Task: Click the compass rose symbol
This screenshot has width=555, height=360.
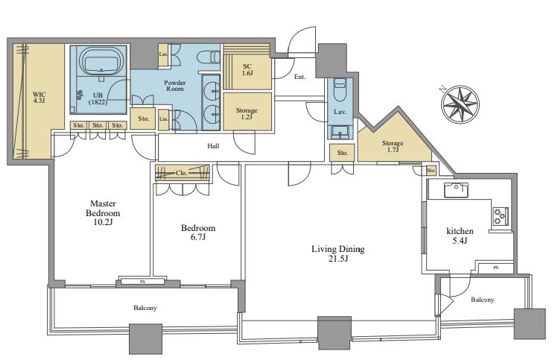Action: tap(460, 104)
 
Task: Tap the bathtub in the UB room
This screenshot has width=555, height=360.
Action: tap(101, 60)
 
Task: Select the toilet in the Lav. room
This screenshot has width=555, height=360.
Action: tap(340, 87)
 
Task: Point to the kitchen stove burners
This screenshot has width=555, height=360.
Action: tap(501, 216)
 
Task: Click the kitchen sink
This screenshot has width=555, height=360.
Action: tap(456, 190)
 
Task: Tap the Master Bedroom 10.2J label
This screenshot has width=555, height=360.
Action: tap(103, 212)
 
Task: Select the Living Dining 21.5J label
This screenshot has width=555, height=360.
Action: tap(338, 253)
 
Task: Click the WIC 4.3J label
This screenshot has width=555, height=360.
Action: tap(39, 98)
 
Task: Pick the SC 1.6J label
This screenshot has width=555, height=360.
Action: tap(247, 70)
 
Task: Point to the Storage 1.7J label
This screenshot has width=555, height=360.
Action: tap(393, 146)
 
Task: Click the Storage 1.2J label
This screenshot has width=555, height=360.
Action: tap(247, 113)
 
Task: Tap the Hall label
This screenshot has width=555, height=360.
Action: tap(213, 146)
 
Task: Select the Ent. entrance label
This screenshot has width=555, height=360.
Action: tap(299, 77)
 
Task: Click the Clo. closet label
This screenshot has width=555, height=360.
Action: tap(182, 173)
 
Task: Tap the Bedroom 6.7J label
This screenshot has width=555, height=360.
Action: tap(198, 233)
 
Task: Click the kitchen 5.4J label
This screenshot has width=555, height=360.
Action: tap(460, 236)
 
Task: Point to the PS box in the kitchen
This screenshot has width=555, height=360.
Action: tap(496, 268)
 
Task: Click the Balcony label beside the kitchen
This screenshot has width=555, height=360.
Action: tap(483, 300)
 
